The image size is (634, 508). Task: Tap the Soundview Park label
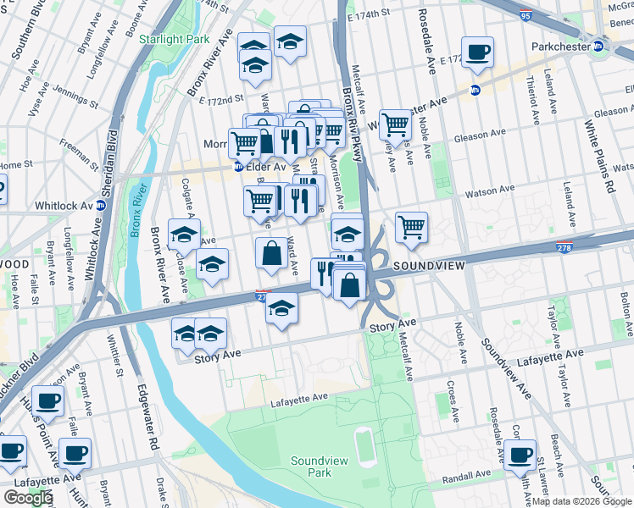click(x=311, y=467)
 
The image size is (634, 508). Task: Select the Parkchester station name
click(x=559, y=47)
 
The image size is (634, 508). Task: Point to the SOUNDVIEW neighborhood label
click(x=429, y=266)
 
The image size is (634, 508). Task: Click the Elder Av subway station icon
click(x=240, y=167)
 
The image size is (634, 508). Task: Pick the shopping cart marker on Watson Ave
click(x=411, y=226)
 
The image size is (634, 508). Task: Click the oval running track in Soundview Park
click(x=366, y=447)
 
